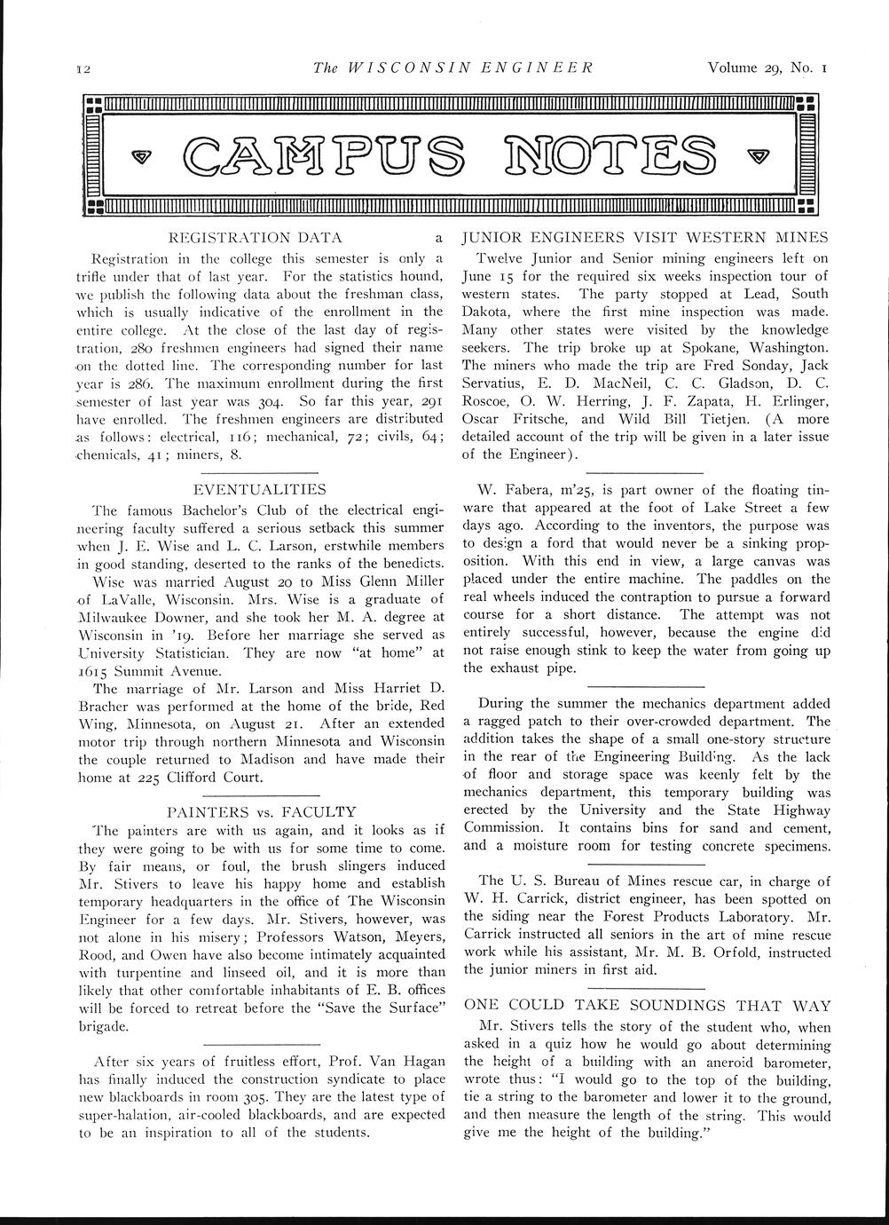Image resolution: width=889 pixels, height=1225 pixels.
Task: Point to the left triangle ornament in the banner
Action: pos(141,156)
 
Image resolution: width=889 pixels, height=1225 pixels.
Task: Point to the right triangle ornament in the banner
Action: pos(754,156)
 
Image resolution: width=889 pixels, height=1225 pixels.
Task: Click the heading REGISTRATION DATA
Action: pos(256,238)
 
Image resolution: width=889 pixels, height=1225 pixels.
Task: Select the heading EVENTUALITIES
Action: pos(259,489)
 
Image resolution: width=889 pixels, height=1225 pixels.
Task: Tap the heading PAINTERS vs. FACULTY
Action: pos(261,811)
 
